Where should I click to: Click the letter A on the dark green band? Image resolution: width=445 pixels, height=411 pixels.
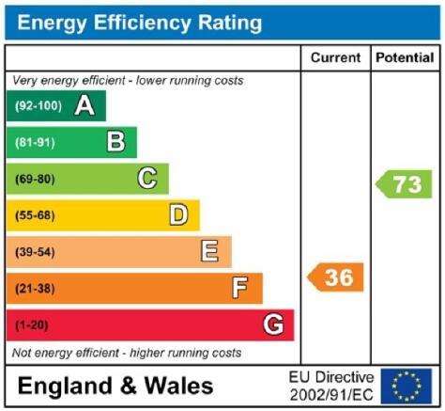(84, 105)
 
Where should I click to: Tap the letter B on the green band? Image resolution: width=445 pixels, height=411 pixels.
(116, 142)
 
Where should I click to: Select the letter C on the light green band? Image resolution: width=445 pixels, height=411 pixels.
(147, 178)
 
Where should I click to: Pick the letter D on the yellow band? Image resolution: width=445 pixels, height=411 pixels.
(178, 214)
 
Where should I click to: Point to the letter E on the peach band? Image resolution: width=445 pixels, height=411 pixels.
(209, 251)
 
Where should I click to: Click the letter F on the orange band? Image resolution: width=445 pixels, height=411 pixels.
(240, 288)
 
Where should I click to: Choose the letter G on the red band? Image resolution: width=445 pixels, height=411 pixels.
(273, 324)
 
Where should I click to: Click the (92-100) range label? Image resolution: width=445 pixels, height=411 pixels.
(38, 106)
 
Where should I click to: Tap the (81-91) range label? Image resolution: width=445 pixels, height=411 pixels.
(35, 143)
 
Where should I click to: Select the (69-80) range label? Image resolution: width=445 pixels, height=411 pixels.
(35, 179)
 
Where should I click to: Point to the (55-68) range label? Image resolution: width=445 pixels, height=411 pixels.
(35, 215)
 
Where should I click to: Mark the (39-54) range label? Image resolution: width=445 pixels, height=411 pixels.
(35, 252)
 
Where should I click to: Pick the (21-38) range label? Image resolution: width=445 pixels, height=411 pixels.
(35, 289)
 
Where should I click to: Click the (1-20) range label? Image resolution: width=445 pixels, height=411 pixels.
(32, 325)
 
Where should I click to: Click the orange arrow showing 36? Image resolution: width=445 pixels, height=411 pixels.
(335, 277)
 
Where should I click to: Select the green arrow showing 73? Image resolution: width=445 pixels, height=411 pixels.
(404, 184)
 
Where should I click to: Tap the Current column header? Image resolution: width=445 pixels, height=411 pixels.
(336, 57)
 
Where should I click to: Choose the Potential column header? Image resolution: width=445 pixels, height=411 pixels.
(405, 57)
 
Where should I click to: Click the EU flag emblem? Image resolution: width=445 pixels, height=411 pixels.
(407, 387)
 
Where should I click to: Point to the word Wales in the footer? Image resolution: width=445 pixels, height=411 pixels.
(178, 386)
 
